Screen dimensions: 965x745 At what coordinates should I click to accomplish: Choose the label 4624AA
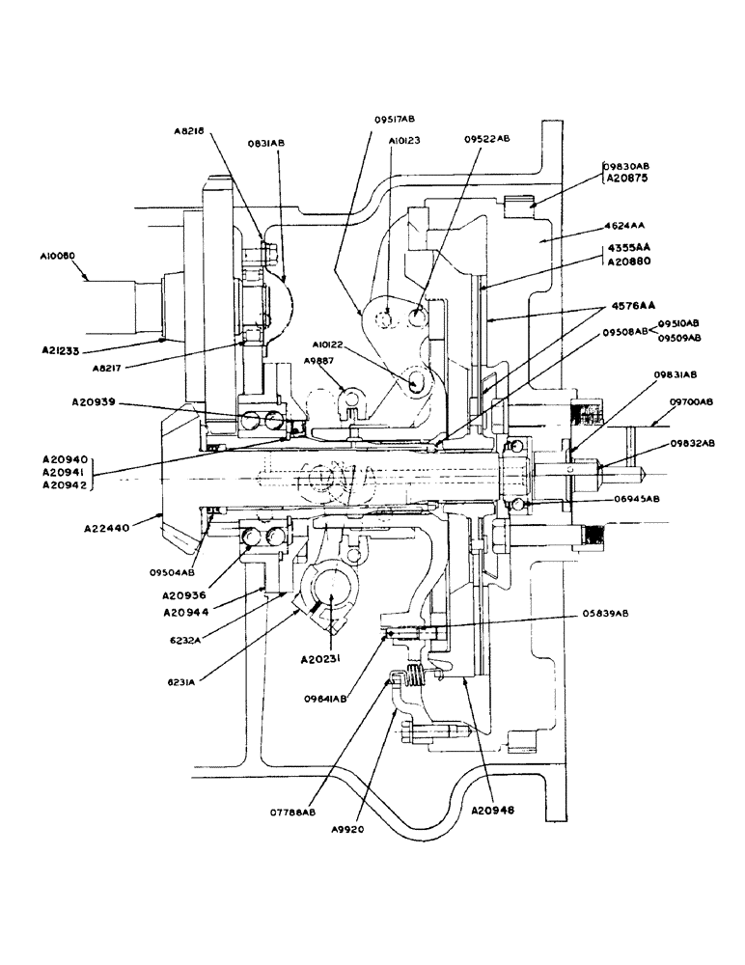625,226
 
